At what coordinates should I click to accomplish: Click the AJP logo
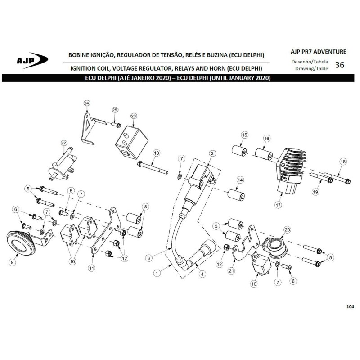[x=32, y=61]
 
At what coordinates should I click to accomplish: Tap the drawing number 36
[x=340, y=65]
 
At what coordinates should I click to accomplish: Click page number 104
[x=350, y=306]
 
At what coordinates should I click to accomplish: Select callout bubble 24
[x=86, y=103]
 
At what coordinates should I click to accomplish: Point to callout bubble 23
[x=134, y=116]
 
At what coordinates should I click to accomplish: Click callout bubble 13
[x=156, y=153]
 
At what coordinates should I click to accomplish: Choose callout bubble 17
[x=278, y=205]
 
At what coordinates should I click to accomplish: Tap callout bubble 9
[x=13, y=262]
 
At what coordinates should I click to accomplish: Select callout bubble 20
[x=287, y=230]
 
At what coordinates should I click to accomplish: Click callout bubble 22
[x=63, y=143]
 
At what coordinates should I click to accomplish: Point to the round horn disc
[x=21, y=243]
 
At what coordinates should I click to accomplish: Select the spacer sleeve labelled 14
[x=236, y=195]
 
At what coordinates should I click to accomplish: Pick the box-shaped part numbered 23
[x=131, y=143]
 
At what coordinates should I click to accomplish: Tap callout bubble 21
[x=231, y=271]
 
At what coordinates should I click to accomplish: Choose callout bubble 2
[x=212, y=153]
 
